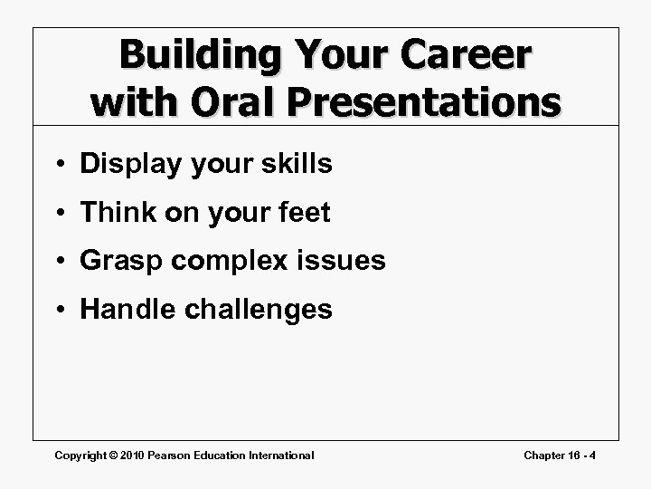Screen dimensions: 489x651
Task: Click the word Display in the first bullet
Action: click(127, 164)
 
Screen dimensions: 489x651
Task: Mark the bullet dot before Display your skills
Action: click(60, 165)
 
